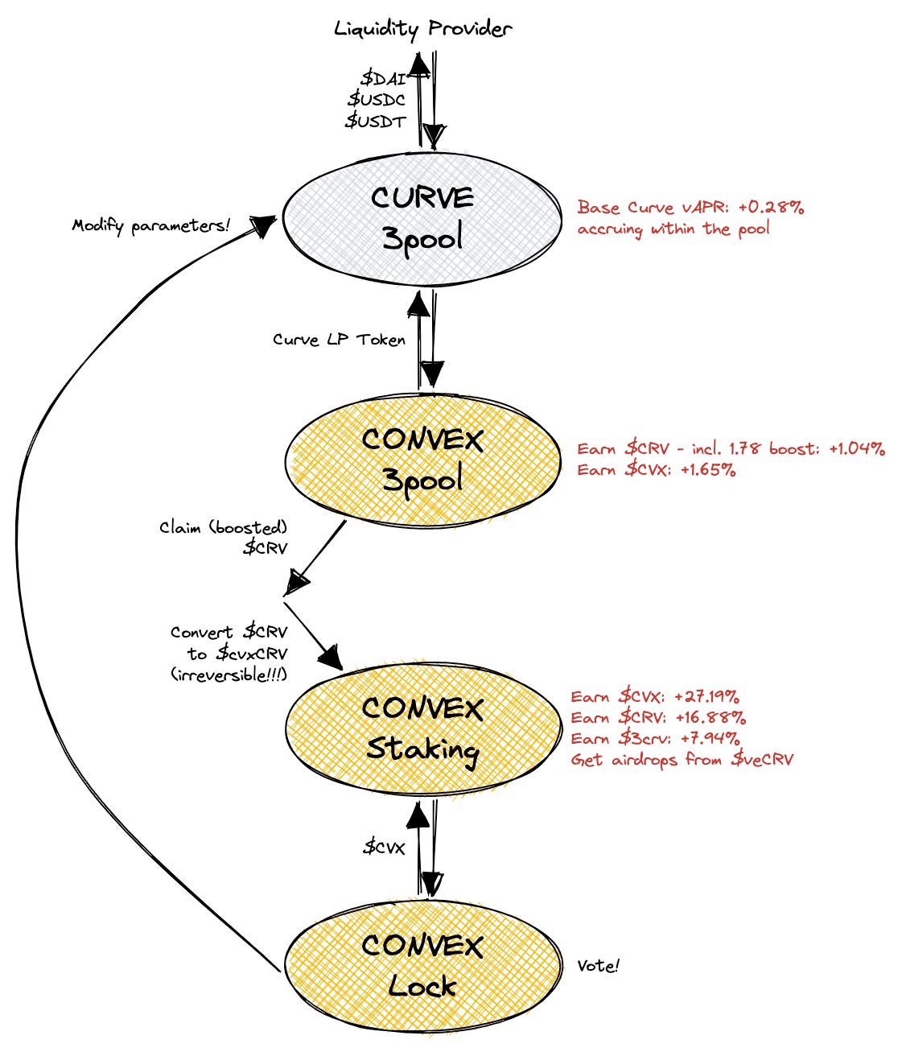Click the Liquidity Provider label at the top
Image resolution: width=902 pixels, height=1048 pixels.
[422, 30]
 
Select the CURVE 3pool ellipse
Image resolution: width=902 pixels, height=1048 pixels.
[422, 218]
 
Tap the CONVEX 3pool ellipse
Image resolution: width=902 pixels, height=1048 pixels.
[422, 460]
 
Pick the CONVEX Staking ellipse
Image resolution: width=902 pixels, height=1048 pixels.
[422, 728]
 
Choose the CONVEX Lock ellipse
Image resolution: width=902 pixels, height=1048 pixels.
[422, 965]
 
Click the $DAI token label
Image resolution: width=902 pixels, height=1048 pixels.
[383, 78]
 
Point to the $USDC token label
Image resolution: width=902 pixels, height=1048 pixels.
[377, 100]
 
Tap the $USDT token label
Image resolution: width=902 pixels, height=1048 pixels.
[376, 121]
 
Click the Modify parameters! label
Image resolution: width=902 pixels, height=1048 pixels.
[151, 225]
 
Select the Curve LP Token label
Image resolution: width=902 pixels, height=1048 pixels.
[339, 340]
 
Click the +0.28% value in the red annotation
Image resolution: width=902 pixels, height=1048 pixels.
[773, 208]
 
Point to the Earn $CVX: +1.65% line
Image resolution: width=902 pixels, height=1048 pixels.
[657, 470]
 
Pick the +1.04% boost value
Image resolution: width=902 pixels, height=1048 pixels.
[856, 449]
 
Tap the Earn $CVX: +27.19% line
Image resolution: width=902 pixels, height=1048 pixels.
[655, 697]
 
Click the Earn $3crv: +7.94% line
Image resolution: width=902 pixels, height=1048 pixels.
[655, 739]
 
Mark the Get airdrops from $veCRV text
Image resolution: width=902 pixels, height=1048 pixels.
[682, 760]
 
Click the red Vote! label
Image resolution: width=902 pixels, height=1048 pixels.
[598, 966]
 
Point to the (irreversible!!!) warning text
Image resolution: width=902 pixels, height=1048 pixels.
[229, 675]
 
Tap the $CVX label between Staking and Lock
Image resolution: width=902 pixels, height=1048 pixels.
[384, 847]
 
